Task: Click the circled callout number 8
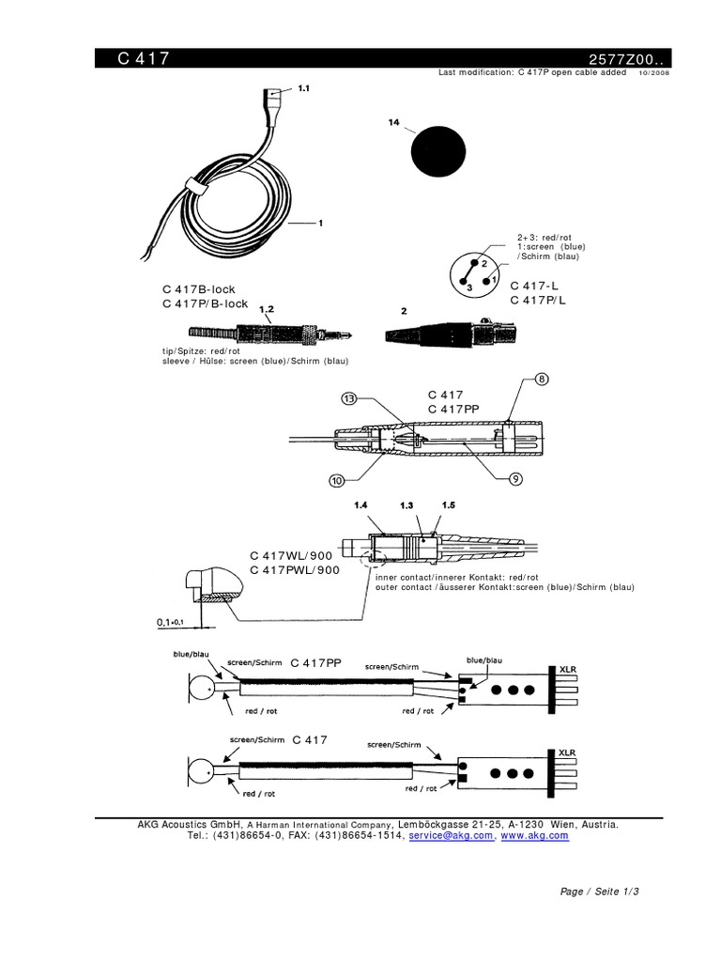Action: pos(542,380)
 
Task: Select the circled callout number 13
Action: pos(349,398)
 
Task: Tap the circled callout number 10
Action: pos(336,481)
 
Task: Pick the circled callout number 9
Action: pos(515,479)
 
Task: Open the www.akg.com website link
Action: pos(535,834)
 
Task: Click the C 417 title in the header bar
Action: pos(144,58)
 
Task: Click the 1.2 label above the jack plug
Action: pos(266,309)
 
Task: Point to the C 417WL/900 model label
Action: pos(290,555)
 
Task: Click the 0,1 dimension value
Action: pos(166,622)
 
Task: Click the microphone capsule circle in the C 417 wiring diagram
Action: pos(201,773)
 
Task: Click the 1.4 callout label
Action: pos(362,505)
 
